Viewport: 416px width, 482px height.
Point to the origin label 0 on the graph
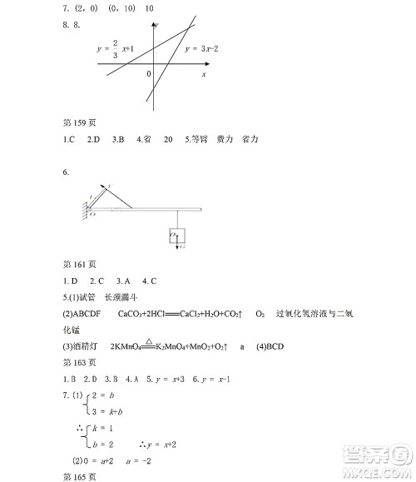[x=149, y=74]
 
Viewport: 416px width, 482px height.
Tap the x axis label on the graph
[x=203, y=74]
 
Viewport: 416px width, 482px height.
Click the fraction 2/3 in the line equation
[x=115, y=49]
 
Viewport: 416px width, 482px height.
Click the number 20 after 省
[x=168, y=140]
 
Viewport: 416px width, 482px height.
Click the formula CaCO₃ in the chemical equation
[x=136, y=313]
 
